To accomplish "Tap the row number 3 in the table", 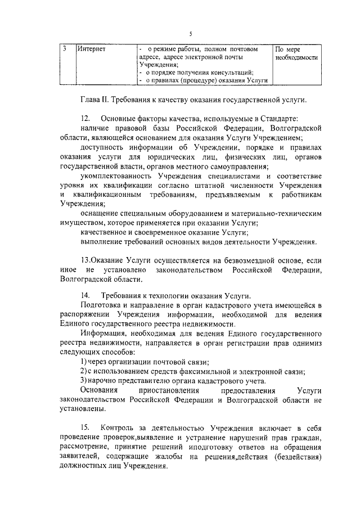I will (65, 48).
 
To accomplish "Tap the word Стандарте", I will (280, 119).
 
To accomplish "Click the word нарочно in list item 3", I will (106, 381).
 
